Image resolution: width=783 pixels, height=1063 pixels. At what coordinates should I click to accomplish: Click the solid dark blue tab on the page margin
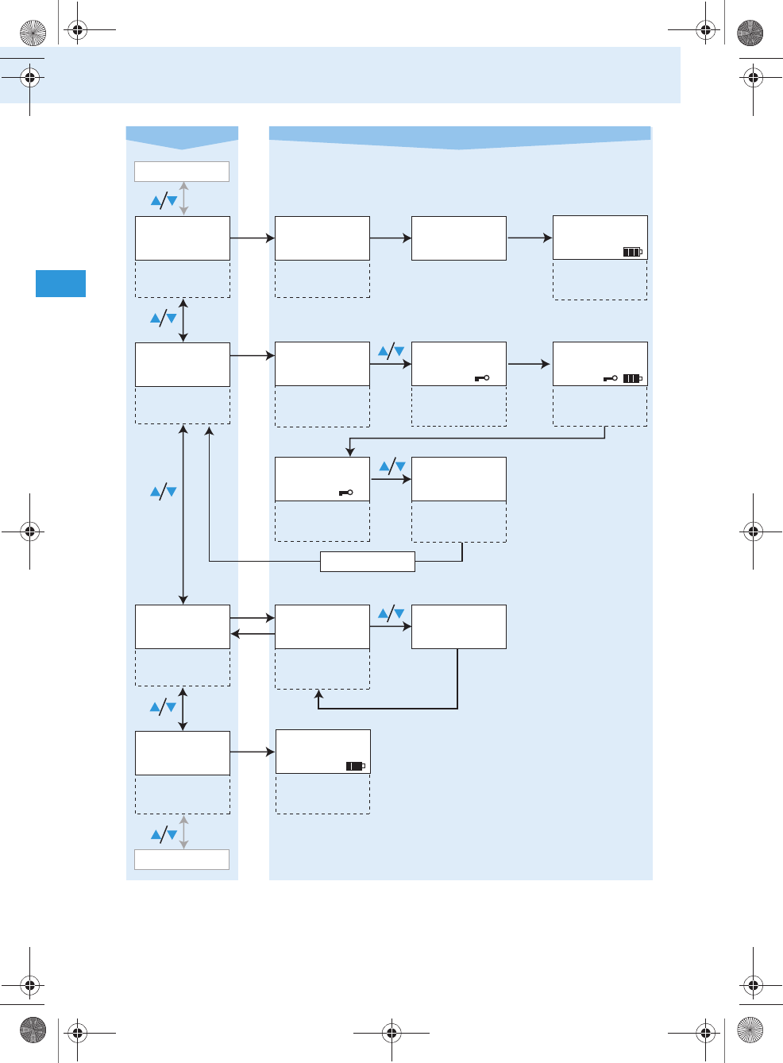60,284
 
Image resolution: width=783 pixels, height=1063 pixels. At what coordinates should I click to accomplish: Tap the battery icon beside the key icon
632,378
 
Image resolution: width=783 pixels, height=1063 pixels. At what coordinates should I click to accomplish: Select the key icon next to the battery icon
610,378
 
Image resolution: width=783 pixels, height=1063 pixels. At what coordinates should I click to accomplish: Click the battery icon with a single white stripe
355,766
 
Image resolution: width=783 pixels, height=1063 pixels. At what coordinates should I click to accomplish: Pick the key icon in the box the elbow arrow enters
345,493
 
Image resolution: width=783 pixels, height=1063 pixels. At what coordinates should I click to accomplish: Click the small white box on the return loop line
367,562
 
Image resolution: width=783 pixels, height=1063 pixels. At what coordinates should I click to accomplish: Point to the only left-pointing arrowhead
235,633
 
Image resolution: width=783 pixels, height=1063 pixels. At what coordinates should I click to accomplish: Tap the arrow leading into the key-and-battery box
528,364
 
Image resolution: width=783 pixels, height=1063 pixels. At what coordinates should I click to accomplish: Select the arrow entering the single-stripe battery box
253,752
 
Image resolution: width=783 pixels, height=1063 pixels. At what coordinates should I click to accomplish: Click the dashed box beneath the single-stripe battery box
322,794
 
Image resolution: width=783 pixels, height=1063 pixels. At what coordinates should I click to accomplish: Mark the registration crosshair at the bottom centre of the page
391,1032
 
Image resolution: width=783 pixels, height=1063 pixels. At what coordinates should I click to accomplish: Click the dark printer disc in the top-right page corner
750,33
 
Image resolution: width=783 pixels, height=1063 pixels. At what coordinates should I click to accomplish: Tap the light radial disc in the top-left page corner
33,33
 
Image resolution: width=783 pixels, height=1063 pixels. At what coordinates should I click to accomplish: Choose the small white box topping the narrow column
182,172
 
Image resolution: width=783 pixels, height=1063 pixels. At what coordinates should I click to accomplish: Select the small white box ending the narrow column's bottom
182,860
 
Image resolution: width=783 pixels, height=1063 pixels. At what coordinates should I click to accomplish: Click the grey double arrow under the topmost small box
184,199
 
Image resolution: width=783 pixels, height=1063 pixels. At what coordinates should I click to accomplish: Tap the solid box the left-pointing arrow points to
183,627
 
